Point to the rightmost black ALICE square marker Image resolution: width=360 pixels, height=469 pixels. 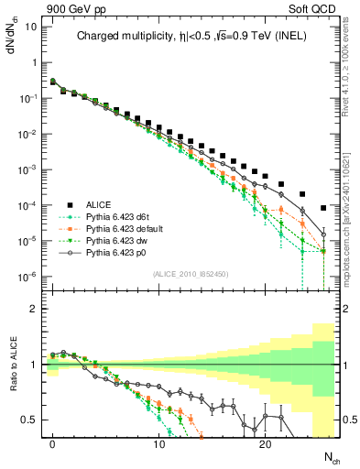323,207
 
